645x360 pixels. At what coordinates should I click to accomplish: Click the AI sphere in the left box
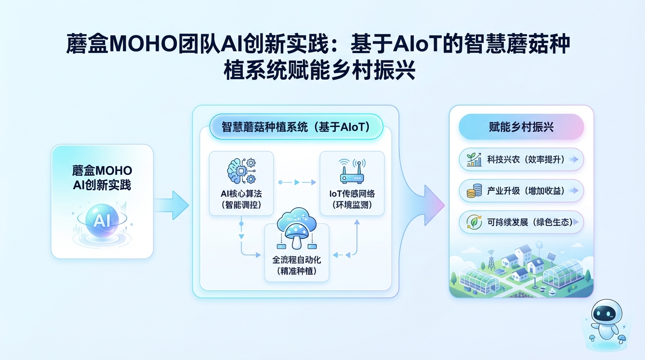coord(102,221)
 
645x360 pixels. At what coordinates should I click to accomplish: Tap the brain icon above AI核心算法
coord(240,171)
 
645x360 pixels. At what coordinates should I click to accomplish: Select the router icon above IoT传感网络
coord(351,172)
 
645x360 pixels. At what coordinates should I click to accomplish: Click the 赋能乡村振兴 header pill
coord(521,127)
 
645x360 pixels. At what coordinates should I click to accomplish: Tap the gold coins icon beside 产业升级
coord(474,191)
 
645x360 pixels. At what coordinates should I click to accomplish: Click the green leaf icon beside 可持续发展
coord(474,222)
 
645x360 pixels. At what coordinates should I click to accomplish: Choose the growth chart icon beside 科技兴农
coord(474,160)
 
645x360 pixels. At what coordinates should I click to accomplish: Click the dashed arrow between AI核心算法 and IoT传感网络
coord(296,182)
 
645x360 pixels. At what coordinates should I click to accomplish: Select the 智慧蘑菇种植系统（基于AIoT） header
coord(296,127)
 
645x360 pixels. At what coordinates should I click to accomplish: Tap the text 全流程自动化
coord(297,259)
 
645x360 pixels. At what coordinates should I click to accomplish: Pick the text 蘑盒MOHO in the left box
coord(102,170)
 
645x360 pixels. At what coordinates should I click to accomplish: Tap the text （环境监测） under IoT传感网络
coord(352,205)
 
